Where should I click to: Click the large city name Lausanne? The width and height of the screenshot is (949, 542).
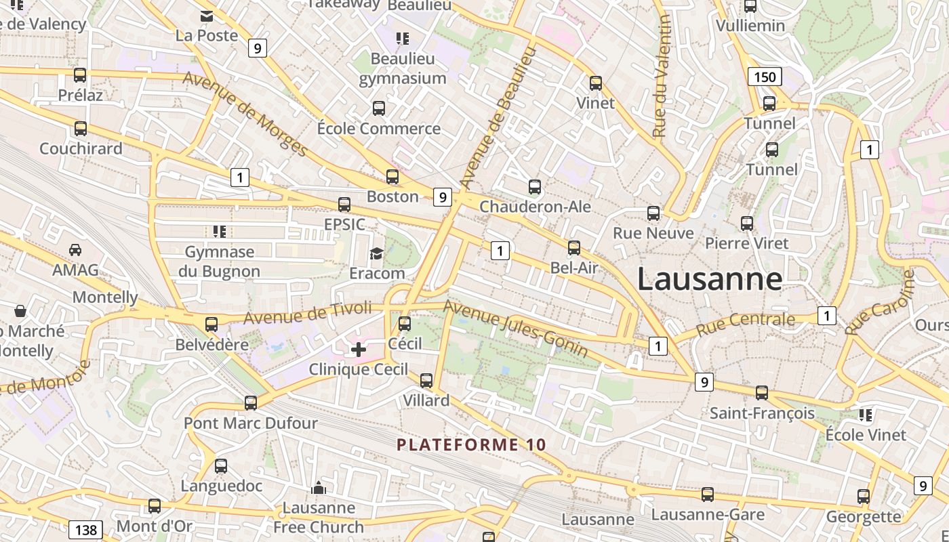tap(709, 279)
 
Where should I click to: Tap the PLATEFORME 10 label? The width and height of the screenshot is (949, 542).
tap(471, 444)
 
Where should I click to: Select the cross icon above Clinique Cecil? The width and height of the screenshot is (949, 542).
tap(359, 350)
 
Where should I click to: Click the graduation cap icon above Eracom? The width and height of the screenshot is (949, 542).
tap(376, 253)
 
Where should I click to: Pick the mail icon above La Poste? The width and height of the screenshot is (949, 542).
tap(206, 16)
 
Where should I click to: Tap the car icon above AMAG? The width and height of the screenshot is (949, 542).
tap(75, 250)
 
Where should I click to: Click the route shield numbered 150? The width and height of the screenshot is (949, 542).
tap(765, 77)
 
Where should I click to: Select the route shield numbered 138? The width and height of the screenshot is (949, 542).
tap(85, 529)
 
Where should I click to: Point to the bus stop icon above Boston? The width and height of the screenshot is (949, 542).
tap(392, 177)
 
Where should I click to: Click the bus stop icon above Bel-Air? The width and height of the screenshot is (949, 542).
tap(574, 248)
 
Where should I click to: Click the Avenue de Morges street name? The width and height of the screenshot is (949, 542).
tap(245, 114)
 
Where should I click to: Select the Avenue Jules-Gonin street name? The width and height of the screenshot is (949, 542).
tap(515, 328)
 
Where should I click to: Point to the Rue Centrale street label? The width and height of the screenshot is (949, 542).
tap(745, 323)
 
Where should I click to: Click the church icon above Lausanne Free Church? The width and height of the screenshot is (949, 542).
tap(318, 488)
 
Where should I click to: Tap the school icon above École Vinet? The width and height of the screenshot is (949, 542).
tap(865, 414)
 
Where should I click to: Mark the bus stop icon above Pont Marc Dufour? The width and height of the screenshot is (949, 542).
tap(251, 403)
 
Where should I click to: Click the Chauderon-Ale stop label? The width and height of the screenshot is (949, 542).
tap(535, 206)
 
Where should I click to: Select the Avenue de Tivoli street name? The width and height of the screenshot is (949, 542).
tap(308, 313)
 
